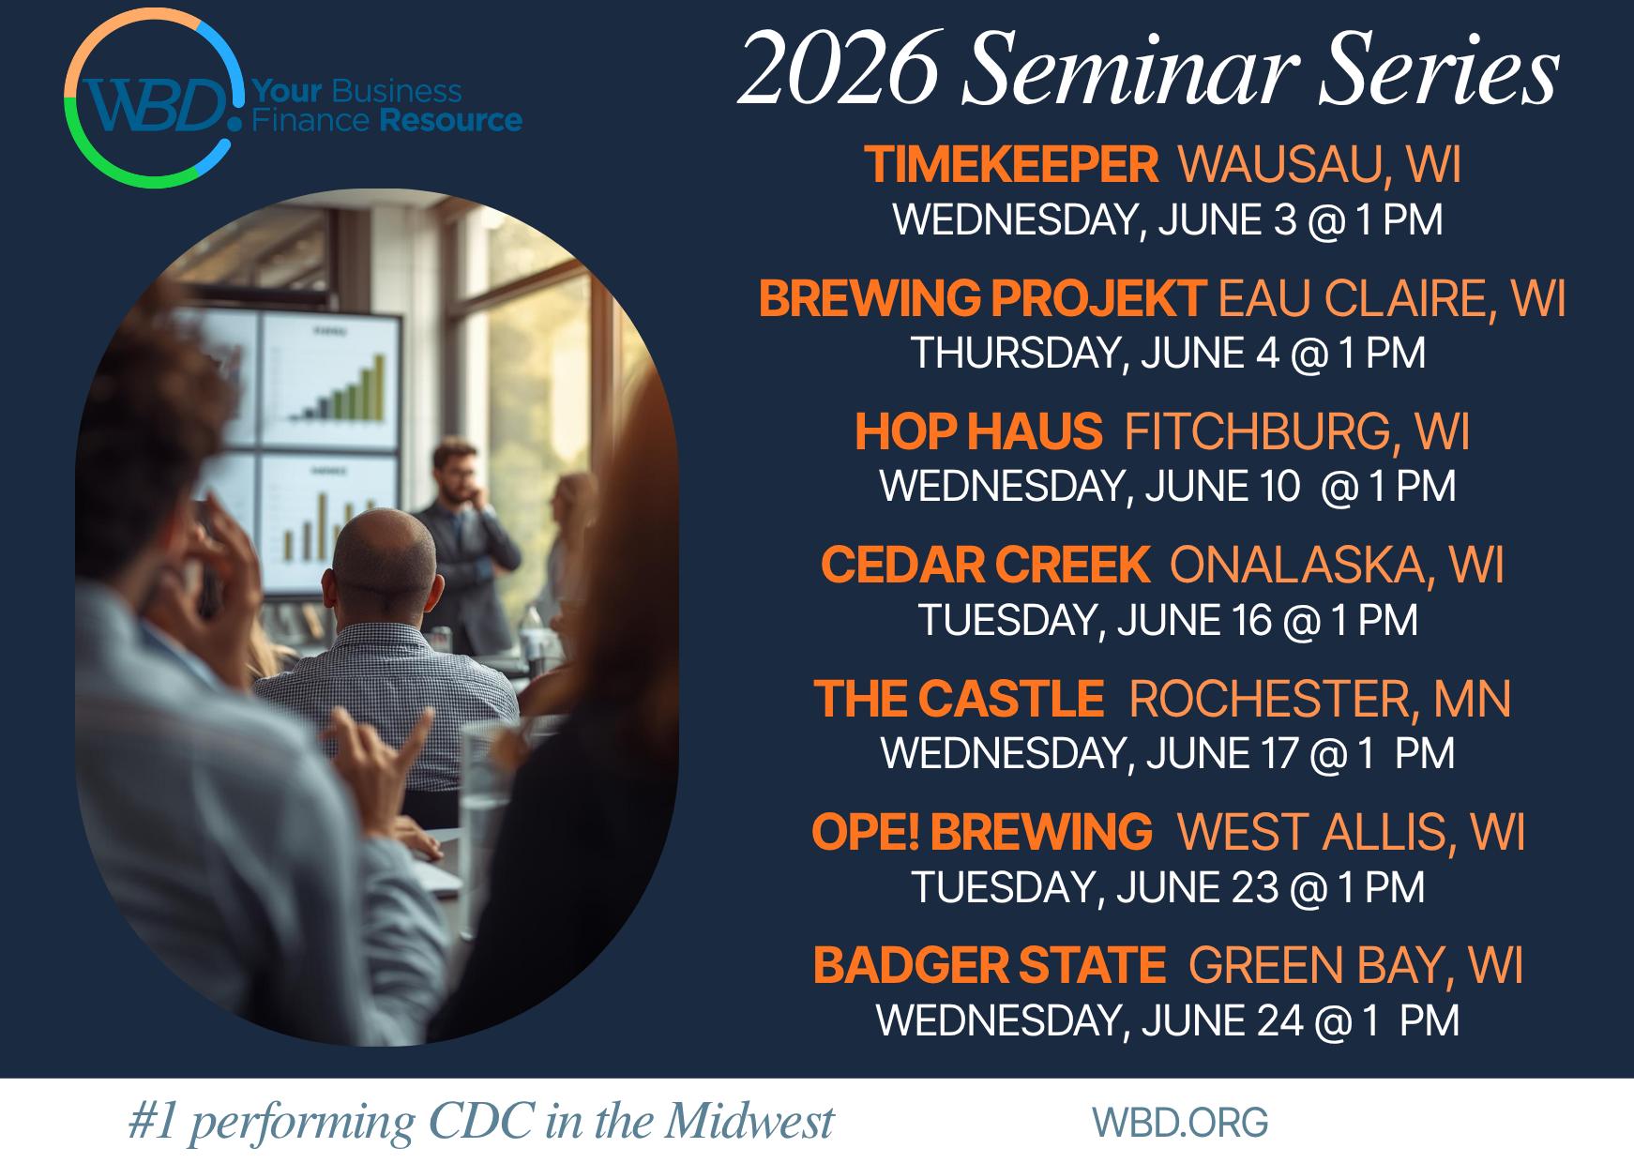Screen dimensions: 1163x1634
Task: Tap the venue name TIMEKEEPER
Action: [1011, 165]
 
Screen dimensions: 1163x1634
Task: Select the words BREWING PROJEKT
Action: [982, 299]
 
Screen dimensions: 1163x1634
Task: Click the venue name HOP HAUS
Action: [978, 432]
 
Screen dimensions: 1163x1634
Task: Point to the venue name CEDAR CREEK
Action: [985, 566]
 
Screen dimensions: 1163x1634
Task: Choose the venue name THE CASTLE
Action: [959, 700]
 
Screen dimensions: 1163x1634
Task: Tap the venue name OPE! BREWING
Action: [981, 833]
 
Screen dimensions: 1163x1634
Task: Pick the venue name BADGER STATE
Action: [990, 966]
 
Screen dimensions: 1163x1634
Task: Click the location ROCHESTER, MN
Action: [1320, 700]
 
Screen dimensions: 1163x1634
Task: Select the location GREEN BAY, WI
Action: [1355, 966]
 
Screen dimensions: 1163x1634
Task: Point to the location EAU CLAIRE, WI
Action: [1392, 299]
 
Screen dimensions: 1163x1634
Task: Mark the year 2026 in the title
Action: [839, 69]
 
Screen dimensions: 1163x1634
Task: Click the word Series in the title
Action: [1438, 69]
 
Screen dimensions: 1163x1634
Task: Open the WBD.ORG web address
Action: [1180, 1123]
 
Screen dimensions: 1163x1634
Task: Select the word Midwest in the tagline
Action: [749, 1122]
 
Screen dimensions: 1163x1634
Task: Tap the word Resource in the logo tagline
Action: [451, 121]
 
